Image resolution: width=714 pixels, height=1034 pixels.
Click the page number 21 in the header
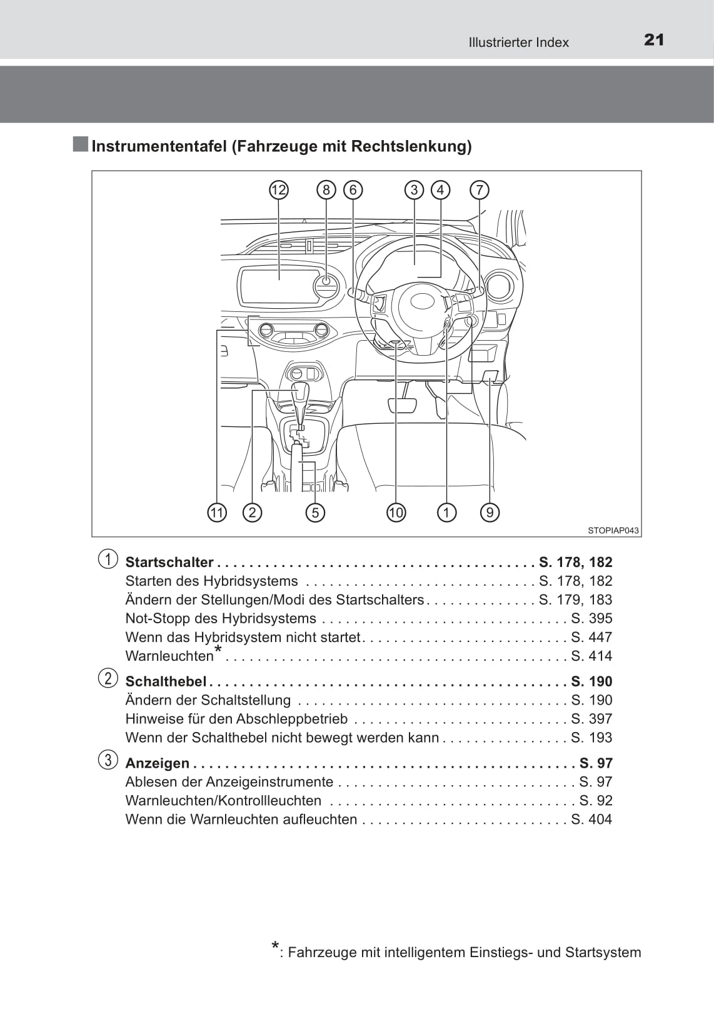654,40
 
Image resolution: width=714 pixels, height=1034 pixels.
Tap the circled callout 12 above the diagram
279,190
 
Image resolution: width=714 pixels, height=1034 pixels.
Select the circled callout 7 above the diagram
480,190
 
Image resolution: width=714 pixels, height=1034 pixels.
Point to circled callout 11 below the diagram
217,513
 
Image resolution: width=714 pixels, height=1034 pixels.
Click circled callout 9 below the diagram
490,513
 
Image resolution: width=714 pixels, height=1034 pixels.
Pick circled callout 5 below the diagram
315,513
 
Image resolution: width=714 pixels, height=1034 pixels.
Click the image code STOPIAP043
613,530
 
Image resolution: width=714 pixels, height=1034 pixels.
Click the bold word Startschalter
169,562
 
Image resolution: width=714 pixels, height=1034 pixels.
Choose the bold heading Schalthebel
166,681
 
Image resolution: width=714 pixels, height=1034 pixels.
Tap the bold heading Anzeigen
158,763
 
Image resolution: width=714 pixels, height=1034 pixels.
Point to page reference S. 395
591,618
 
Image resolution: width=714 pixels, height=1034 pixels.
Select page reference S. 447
591,637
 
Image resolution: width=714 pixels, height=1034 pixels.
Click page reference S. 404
591,820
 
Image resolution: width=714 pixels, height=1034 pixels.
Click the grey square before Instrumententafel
80,144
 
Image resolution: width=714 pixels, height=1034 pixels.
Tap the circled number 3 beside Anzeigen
108,760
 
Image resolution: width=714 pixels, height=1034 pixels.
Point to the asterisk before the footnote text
275,946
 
